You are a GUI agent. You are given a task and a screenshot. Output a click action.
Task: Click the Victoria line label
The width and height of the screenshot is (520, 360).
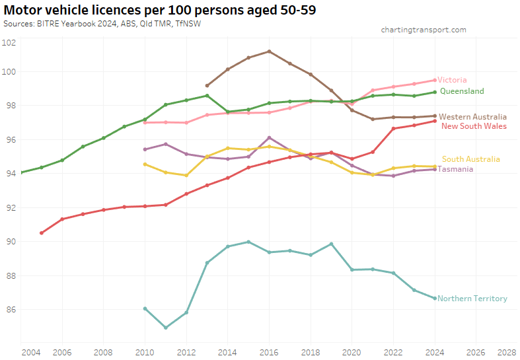452,80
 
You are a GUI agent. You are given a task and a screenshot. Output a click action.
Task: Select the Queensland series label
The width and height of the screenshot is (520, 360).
462,91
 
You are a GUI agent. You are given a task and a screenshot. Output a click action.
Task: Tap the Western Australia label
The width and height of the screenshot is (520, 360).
472,117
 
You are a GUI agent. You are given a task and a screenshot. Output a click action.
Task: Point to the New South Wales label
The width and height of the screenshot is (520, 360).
474,126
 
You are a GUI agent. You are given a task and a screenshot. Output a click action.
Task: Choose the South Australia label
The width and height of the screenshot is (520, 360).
470,159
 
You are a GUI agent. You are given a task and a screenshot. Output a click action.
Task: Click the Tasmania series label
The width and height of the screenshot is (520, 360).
455,169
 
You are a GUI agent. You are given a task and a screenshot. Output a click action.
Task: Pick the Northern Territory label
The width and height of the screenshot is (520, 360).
472,299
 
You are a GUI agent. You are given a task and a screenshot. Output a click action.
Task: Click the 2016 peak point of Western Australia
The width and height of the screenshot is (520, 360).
269,52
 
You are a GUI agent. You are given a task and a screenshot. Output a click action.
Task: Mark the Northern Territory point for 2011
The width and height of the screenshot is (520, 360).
166,328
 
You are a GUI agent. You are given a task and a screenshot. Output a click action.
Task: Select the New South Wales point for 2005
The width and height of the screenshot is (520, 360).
42,233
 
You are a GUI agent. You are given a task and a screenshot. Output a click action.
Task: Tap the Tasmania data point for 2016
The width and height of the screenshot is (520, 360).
269,137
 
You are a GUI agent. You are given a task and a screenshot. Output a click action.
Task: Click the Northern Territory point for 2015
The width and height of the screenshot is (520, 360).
248,242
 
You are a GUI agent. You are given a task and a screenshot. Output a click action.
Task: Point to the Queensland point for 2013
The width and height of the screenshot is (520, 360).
207,96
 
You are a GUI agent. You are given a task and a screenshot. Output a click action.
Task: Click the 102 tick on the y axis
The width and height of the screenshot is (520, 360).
9,43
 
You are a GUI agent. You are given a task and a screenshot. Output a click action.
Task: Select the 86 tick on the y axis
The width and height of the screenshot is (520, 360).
9,309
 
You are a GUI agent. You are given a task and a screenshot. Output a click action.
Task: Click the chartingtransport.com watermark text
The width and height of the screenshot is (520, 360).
424,30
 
